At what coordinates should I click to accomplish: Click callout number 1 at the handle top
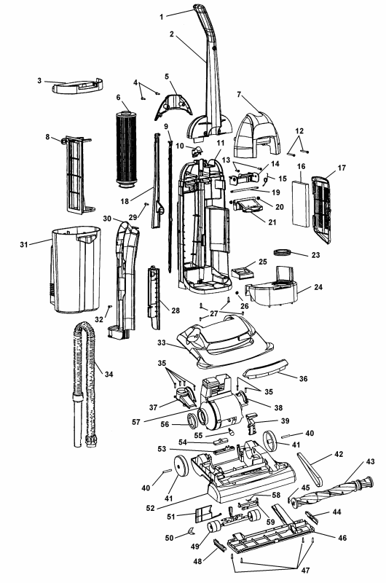click(x=162, y=15)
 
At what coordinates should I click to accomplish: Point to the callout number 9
click(x=166, y=127)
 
